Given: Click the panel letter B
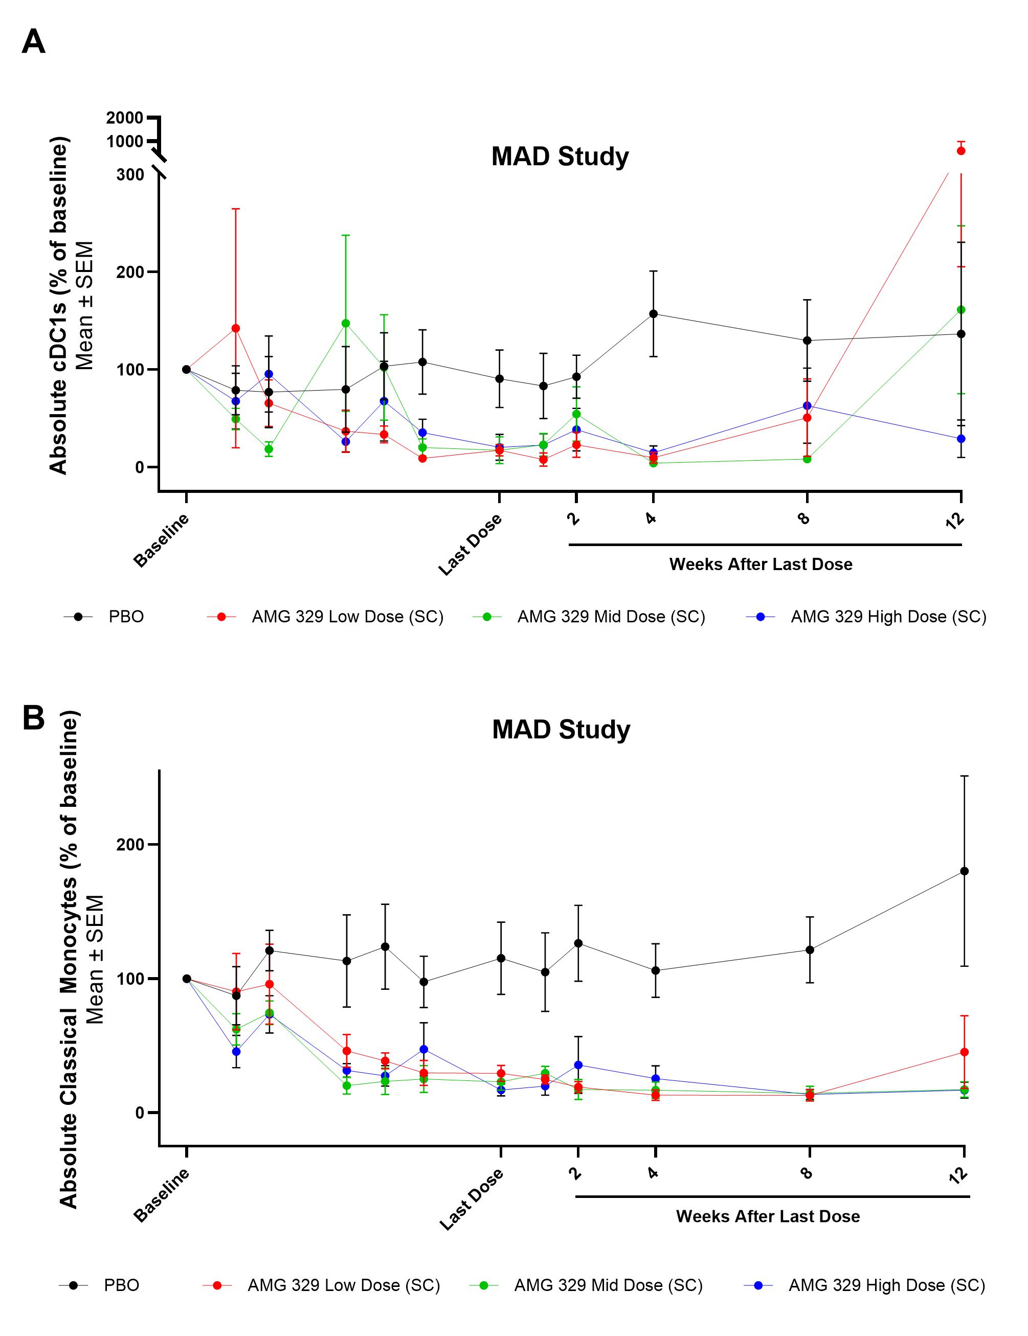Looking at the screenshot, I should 34,717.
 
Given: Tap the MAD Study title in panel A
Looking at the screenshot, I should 560,156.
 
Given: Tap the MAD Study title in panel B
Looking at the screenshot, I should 561,730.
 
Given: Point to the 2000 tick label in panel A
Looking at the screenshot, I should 125,118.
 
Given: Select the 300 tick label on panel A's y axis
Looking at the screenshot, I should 130,175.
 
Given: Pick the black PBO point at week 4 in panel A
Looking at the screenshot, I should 654,314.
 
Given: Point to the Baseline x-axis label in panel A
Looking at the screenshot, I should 162,541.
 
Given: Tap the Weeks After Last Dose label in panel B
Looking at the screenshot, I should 767,1216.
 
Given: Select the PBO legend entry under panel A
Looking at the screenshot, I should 126,617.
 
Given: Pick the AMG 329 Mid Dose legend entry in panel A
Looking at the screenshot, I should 611,617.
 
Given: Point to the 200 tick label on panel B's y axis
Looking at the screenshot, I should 130,844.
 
